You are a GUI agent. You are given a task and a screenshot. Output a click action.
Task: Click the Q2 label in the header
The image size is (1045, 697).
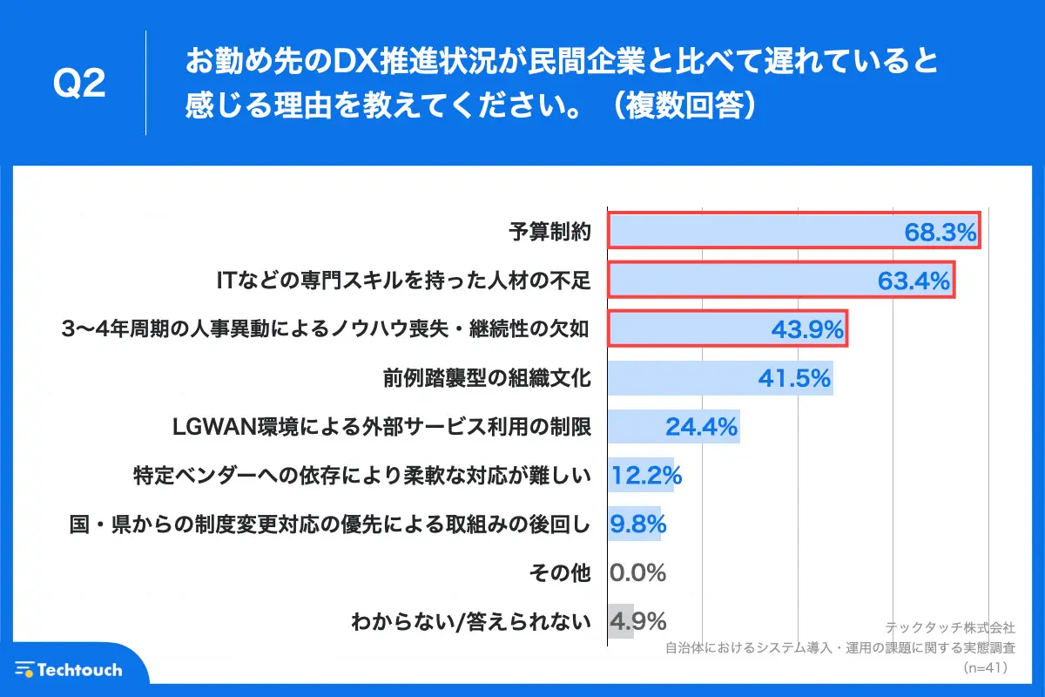79,84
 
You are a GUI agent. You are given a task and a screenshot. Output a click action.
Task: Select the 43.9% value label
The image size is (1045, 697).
807,329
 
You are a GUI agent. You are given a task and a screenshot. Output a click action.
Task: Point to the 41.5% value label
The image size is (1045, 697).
794,378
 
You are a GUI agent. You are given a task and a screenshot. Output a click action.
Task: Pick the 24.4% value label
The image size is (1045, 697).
701,427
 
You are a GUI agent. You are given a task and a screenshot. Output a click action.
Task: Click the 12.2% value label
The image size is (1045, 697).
645,476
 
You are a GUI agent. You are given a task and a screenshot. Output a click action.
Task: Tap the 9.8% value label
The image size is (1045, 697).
638,524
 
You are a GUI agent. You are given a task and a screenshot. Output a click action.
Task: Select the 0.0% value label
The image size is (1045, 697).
638,573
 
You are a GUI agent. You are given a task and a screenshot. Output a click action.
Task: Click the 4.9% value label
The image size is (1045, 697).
638,622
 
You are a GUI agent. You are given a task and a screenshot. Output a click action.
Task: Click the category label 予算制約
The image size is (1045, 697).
549,232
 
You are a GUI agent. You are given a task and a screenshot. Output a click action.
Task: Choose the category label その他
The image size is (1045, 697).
560,573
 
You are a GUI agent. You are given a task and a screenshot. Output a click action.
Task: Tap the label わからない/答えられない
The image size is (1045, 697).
470,622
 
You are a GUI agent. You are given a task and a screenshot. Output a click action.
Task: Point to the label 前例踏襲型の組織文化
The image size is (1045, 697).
487,378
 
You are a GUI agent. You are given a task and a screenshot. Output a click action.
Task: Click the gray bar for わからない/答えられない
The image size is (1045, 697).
620,622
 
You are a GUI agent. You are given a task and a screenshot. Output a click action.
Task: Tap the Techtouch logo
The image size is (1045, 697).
70,669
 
